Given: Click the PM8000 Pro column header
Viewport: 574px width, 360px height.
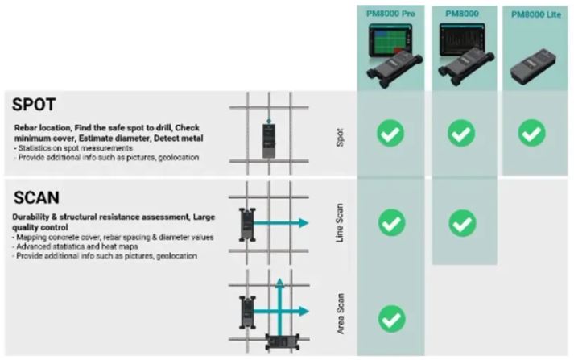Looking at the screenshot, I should pyautogui.click(x=391, y=13).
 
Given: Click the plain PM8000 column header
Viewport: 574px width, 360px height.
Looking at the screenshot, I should pyautogui.click(x=460, y=13).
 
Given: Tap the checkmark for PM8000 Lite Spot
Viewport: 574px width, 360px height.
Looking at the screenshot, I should pyautogui.click(x=531, y=133).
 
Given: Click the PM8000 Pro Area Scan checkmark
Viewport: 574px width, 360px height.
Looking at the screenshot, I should pyautogui.click(x=391, y=318).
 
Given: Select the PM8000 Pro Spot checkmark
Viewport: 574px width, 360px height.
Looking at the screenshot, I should pyautogui.click(x=391, y=133).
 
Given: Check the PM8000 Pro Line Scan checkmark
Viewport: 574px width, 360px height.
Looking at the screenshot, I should pyautogui.click(x=391, y=221).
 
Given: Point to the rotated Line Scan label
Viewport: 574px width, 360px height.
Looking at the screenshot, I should pyautogui.click(x=341, y=223).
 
